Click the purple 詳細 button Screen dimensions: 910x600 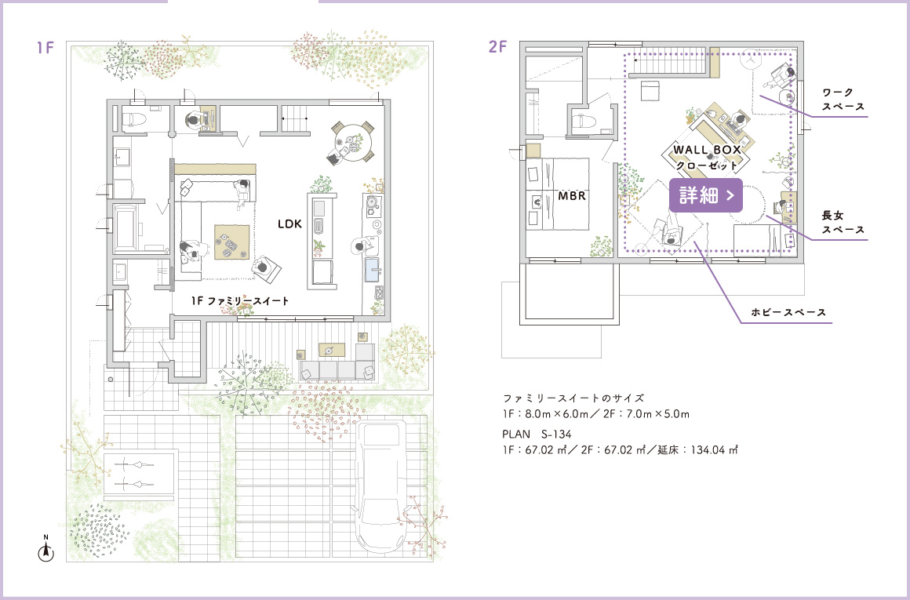click(x=706, y=195)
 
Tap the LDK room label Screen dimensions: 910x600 click(x=289, y=224)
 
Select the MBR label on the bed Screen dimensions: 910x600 click(x=572, y=196)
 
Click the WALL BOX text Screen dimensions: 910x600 click(x=707, y=150)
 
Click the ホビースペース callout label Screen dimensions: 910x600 click(x=788, y=312)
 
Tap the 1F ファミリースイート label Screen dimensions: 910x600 click(x=240, y=301)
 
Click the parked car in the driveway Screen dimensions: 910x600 click(x=380, y=486)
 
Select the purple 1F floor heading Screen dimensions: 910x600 click(x=45, y=48)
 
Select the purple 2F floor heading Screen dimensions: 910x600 click(x=497, y=47)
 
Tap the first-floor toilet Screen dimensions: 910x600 click(x=136, y=118)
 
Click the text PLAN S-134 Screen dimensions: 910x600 click(x=537, y=434)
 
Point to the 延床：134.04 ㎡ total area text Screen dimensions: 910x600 click(x=697, y=449)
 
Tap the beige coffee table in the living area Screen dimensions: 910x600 click(x=232, y=242)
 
